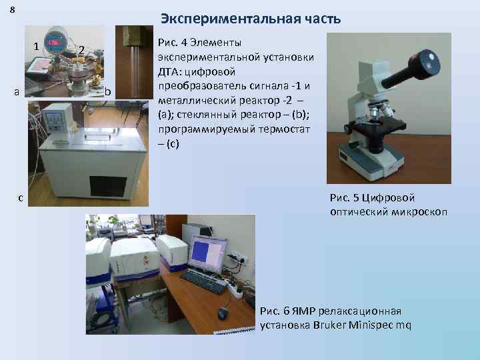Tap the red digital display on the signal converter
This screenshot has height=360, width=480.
pos(56,42)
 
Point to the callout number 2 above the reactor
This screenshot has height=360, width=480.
pos(80,49)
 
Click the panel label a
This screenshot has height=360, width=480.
pos(16,91)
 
